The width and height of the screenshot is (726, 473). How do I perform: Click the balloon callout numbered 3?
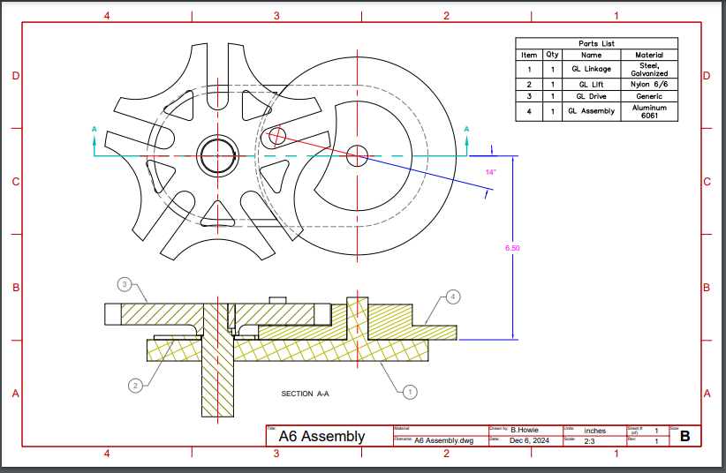click(125, 284)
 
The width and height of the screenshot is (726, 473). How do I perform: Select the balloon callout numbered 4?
click(453, 297)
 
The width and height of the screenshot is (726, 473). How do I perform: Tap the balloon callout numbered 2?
click(135, 385)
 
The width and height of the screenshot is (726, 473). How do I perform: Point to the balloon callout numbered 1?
click(409, 389)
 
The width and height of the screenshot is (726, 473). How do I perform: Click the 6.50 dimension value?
click(512, 248)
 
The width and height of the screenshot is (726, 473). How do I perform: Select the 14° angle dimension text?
click(491, 171)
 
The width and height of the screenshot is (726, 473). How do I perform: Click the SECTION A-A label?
click(305, 394)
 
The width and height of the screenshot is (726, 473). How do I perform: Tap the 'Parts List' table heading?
click(596, 43)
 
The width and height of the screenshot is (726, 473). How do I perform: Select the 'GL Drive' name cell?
click(591, 96)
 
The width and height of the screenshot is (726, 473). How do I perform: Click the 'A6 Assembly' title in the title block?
click(321, 436)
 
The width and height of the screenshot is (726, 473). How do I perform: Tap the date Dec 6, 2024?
click(529, 440)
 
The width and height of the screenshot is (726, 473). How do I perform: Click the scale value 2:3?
click(589, 440)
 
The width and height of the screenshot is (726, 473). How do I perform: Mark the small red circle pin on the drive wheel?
click(276, 135)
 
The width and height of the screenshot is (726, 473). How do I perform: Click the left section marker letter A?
click(95, 130)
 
